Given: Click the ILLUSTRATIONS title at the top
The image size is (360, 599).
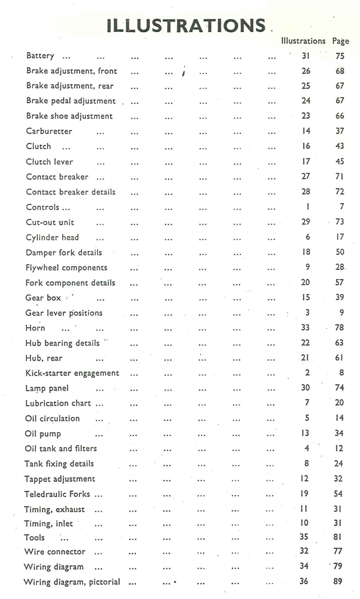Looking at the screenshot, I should click(186, 26).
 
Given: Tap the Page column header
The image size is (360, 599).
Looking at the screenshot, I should click(340, 41).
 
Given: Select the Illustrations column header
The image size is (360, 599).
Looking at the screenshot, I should click(303, 41).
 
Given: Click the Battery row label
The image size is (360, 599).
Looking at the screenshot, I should click(40, 56).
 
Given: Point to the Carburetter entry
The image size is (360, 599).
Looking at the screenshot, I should click(49, 131).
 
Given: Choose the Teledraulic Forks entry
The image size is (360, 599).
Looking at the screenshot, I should click(57, 494).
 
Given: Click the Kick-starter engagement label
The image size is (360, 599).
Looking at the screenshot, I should click(72, 373).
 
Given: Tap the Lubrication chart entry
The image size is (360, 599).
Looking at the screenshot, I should click(58, 403).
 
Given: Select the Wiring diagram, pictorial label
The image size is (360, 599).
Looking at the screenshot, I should click(72, 582).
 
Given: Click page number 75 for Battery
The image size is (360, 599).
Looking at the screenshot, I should click(340, 56).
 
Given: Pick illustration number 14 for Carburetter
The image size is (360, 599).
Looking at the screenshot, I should click(306, 131).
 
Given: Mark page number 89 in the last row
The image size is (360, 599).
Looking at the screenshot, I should click(338, 581).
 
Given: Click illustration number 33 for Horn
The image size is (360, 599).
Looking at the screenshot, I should click(305, 328).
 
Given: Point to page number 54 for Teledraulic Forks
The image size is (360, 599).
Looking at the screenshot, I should click(338, 494).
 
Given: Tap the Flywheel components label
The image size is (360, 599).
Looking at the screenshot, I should click(66, 268).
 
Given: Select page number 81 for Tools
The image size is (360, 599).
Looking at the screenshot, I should click(338, 537).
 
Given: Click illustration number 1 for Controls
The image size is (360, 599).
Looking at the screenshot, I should click(307, 207).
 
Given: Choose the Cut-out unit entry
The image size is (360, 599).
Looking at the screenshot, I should click(50, 222).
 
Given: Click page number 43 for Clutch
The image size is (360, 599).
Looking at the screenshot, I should click(340, 146).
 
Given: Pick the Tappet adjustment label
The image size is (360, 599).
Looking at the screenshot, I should click(60, 479).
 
